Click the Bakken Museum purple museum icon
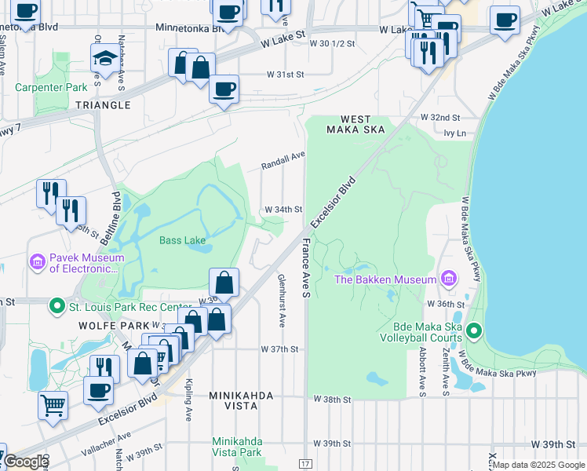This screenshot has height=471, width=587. click(448, 279)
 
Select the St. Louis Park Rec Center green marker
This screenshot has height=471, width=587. click(57, 305)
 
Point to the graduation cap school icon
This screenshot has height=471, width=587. click(105, 60)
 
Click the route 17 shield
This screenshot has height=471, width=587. click(306, 465)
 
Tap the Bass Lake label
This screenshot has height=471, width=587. click(183, 240)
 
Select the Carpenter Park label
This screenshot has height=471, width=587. click(51, 87)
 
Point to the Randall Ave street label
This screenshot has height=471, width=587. click(283, 162)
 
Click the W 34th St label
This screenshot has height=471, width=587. click(283, 210)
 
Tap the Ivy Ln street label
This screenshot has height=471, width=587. click(454, 133)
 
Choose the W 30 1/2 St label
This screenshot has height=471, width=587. click(334, 43)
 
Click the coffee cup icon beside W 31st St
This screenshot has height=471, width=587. click(225, 88)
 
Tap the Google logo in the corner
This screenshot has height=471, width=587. click(25, 462)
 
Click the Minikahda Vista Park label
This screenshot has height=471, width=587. click(237, 447)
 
